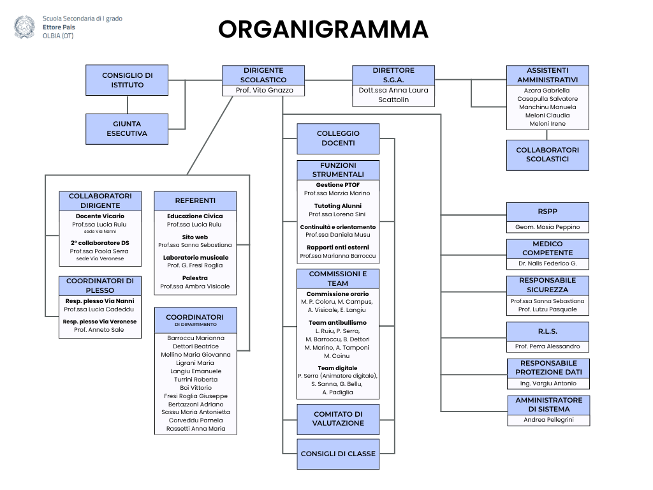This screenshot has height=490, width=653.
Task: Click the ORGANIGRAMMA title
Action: [323, 29]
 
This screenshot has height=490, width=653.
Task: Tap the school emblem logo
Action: [25, 27]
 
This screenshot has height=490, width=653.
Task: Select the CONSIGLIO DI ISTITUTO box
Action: [127, 80]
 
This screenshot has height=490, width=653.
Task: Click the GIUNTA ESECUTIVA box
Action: [127, 129]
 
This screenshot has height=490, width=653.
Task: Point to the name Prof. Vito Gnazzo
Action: [265, 90]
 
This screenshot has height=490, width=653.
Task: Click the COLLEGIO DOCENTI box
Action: [338, 138]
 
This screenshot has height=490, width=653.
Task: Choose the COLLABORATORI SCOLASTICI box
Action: [548, 155]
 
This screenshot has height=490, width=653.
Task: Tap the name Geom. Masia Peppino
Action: [548, 227]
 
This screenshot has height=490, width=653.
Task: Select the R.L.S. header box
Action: [548, 332]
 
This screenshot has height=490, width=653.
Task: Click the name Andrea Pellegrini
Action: [548, 420]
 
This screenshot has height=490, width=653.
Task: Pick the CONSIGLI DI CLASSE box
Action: [338, 454]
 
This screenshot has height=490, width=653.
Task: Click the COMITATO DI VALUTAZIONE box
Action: [338, 419]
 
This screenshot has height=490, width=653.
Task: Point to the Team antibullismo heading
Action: [338, 322]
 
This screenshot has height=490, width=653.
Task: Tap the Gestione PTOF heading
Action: [338, 184]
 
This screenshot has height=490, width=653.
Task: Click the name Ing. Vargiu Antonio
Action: [548, 383]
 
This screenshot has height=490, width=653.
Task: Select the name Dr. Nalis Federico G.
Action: [548, 264]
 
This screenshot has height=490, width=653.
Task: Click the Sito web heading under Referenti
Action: [195, 237]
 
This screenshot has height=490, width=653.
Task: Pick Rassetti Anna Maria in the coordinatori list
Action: [196, 428]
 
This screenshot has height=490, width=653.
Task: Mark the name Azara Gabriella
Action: [547, 91]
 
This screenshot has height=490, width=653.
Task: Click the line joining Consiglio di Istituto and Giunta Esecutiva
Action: [128, 105]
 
